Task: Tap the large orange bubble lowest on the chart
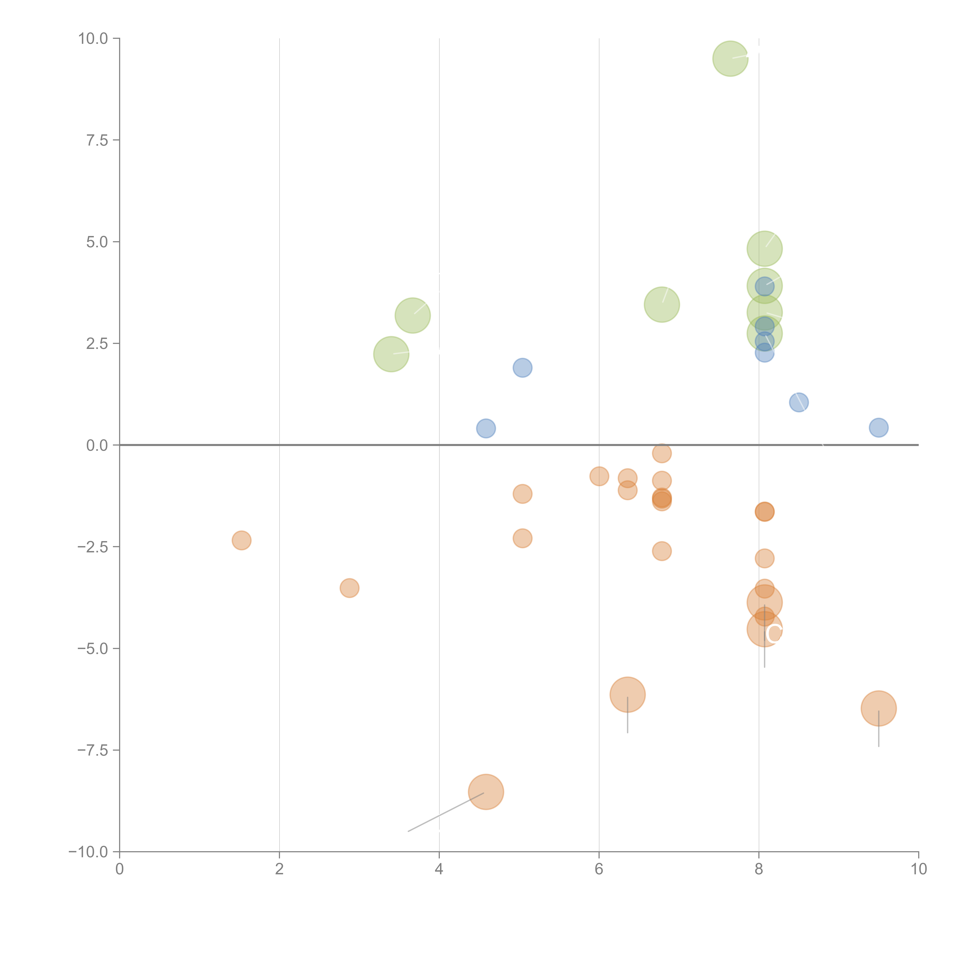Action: point(486,792)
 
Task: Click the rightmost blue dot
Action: point(878,427)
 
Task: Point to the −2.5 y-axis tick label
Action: point(92,547)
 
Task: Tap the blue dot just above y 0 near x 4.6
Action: point(486,428)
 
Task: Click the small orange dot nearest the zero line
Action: point(662,453)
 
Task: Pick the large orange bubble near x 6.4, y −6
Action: point(628,694)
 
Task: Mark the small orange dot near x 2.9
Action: point(349,588)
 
